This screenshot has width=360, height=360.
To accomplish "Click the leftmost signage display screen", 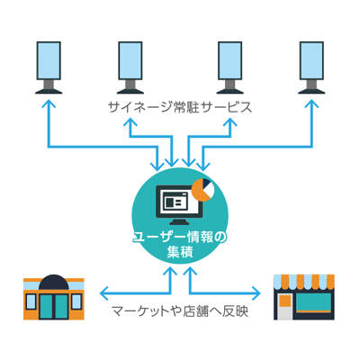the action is pos(49,67).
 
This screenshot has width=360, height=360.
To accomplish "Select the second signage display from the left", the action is pos(130,67).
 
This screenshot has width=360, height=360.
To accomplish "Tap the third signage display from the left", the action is pos(229,67).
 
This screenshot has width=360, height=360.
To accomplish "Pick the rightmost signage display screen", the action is pos(311,67).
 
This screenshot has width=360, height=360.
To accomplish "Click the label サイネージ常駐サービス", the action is pos(179,107).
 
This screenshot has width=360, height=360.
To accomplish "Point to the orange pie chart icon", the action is pos(202,190).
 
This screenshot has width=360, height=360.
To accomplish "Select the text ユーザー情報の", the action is pos(180,238).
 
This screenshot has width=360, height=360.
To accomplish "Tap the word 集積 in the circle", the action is pos(180,252).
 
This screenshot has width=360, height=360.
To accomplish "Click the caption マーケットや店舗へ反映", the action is pos(180,311).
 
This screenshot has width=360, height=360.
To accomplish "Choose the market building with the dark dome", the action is pos(54,297).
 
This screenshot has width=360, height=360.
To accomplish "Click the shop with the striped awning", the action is pos(304,297).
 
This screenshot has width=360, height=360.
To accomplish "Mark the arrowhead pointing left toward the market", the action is pos(104,293).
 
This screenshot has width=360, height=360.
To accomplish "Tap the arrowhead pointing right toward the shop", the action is pos(256,293).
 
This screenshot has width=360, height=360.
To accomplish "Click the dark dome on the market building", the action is pos(54,282).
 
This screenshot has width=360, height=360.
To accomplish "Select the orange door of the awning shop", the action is pos(284,301).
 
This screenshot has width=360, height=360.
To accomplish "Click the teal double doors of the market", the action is pos(54,306).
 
